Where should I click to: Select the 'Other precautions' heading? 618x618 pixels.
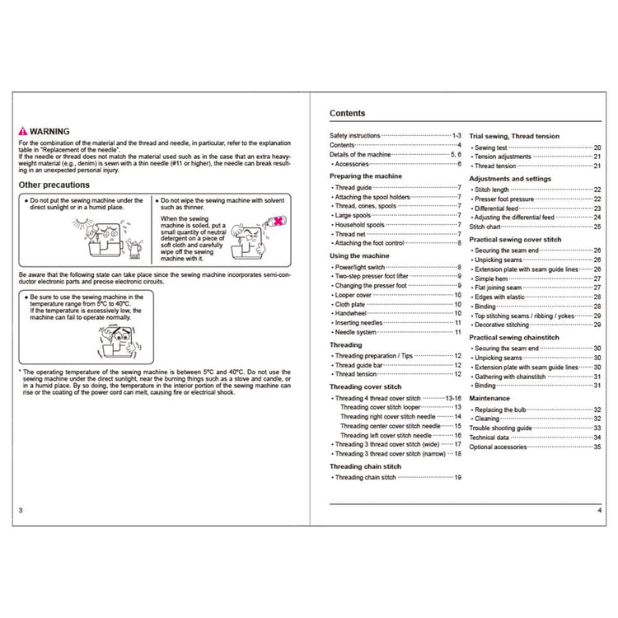(x=54, y=185)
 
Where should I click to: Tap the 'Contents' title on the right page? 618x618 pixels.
(x=348, y=114)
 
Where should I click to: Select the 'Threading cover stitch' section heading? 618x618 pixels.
(x=365, y=386)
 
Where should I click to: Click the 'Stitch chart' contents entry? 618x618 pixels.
(x=485, y=226)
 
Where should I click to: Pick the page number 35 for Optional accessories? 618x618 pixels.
(x=597, y=447)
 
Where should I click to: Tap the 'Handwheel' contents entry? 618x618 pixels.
(x=353, y=312)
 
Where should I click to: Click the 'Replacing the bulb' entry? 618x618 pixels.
(x=503, y=410)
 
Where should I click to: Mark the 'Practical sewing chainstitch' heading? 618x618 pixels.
(x=515, y=337)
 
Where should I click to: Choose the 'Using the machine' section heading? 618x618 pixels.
(x=359, y=256)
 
